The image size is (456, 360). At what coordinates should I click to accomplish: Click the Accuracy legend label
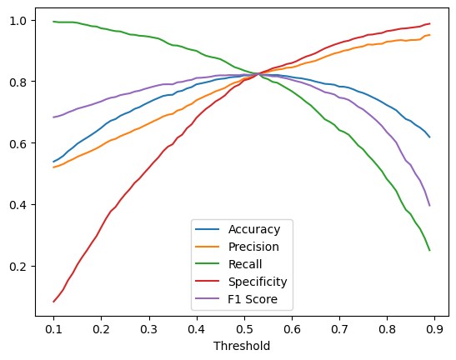click(x=254, y=229)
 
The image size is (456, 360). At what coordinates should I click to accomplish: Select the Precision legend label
click(x=253, y=247)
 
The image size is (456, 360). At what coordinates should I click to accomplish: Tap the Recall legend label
click(x=245, y=264)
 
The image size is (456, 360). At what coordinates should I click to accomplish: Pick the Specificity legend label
click(x=258, y=282)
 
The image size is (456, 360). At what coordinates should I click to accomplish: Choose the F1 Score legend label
click(x=253, y=299)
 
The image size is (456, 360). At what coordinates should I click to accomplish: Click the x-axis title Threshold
click(x=242, y=346)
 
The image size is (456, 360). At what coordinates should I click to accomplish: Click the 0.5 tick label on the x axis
click(x=244, y=329)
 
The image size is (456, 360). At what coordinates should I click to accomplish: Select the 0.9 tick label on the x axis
click(x=435, y=329)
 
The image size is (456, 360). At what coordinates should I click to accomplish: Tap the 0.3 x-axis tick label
click(x=149, y=329)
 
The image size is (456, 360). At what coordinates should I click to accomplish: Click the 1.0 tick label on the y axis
click(x=18, y=21)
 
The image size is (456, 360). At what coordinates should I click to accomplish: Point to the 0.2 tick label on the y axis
click(x=18, y=267)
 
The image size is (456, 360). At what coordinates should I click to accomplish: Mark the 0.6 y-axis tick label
click(x=18, y=143)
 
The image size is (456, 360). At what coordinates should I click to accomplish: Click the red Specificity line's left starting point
click(x=53, y=302)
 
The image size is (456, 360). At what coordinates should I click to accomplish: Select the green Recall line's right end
click(x=430, y=251)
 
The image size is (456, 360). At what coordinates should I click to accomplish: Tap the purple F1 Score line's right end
click(x=430, y=206)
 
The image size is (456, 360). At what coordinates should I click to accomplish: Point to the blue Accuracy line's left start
click(x=53, y=162)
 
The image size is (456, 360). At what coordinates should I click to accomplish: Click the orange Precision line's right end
click(x=430, y=35)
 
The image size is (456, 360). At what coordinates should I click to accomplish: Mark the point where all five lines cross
click(x=258, y=74)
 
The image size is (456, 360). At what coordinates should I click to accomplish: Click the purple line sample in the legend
click(x=207, y=298)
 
